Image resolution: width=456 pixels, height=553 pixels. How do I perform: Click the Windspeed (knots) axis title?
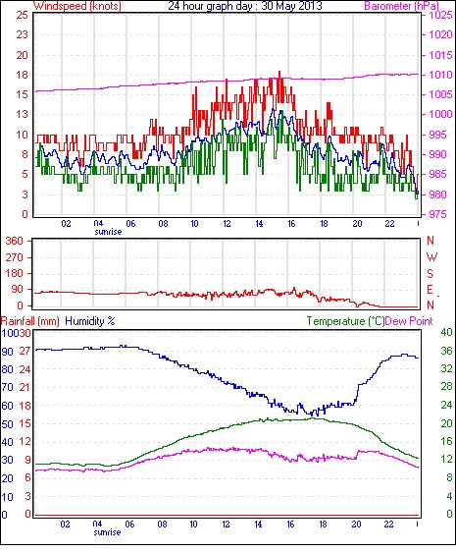point(77,6)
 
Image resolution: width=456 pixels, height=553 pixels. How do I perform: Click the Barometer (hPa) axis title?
point(402,6)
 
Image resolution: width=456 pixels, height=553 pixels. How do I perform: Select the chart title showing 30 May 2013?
point(245,6)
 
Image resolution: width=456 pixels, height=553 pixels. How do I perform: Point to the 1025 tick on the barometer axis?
point(440,15)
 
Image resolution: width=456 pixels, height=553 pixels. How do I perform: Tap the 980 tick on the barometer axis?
point(440,194)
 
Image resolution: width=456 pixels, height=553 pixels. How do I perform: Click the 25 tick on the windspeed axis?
point(22,15)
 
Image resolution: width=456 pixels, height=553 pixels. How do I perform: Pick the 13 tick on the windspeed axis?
point(22,114)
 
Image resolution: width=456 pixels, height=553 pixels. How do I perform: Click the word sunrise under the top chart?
point(108,232)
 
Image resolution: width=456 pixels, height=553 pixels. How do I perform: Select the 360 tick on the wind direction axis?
point(15,241)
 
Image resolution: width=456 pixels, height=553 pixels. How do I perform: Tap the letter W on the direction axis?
point(431,256)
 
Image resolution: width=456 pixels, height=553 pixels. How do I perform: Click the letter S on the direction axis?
point(430,273)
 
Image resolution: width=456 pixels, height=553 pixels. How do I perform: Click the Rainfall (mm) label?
point(30,321)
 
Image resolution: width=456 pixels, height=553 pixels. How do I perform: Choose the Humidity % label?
point(90,321)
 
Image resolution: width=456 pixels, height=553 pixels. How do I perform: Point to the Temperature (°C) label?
point(345,321)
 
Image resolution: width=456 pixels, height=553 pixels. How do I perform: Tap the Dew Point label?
point(409,321)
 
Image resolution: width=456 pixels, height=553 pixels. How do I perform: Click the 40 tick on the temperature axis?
point(446,332)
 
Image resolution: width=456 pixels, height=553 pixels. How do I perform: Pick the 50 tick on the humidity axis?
point(8,424)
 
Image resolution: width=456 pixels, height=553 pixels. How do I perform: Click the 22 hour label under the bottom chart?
point(388,525)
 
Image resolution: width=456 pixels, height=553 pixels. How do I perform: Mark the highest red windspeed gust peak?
point(279,72)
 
